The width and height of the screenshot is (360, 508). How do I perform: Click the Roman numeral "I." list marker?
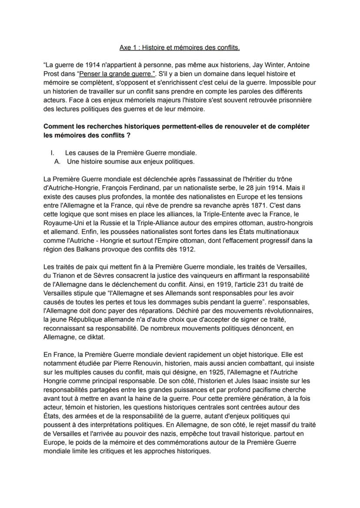(53, 153)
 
